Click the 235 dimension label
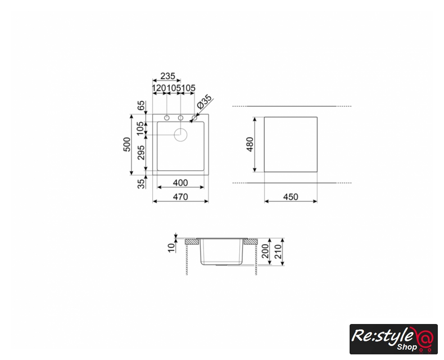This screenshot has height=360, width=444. [167, 76]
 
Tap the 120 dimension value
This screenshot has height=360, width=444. [159, 88]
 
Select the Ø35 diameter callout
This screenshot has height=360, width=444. [205, 102]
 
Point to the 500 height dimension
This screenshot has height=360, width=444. [127, 145]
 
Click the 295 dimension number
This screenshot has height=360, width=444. [141, 152]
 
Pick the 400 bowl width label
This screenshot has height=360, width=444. [180, 183]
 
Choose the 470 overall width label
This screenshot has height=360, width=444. [180, 197]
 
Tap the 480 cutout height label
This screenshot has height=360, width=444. [250, 145]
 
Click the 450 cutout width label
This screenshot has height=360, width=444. [291, 197]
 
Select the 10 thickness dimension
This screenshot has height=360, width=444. [171, 247]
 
